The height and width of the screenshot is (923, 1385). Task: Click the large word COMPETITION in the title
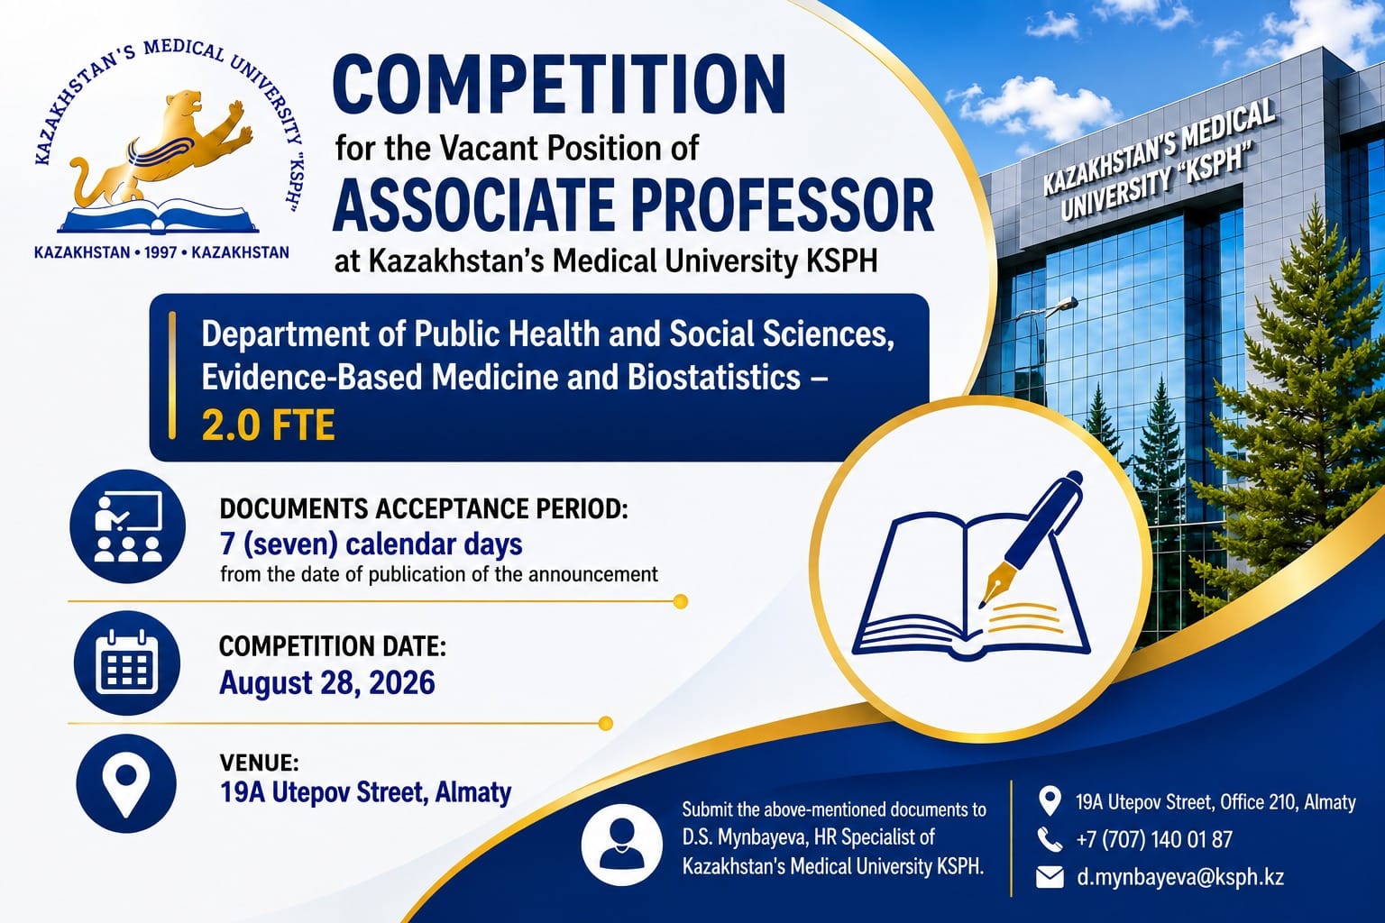(x=559, y=84)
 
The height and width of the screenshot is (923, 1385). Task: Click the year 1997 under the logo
(x=161, y=252)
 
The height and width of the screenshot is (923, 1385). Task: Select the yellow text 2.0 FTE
(x=269, y=425)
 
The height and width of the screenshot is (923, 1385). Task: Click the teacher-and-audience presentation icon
(x=128, y=526)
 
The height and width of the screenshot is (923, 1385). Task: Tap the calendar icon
(x=127, y=663)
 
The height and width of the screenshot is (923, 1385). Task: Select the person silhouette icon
(x=622, y=845)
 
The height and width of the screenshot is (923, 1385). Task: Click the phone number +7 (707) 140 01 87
(x=1154, y=839)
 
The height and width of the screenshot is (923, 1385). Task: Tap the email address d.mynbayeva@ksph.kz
(x=1179, y=877)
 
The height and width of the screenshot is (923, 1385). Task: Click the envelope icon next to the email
(x=1050, y=877)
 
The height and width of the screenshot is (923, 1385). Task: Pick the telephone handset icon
(x=1050, y=839)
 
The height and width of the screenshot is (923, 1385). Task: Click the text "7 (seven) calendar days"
(x=371, y=544)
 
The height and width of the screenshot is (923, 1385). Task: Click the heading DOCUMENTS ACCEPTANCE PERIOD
(x=424, y=508)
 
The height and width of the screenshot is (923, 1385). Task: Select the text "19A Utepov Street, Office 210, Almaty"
(x=1215, y=802)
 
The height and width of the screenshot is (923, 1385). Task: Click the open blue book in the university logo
(x=159, y=216)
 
